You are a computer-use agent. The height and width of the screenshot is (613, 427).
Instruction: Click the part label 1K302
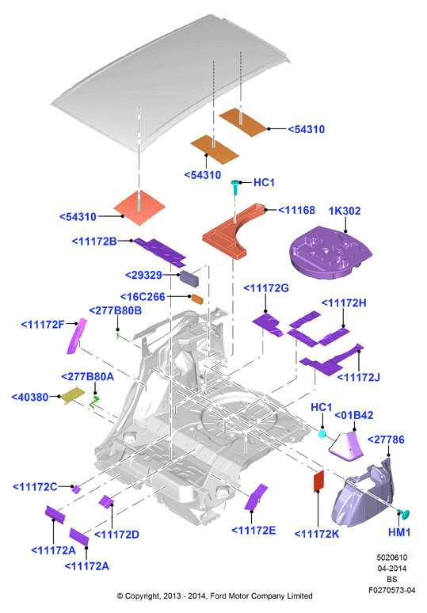pos(345,211)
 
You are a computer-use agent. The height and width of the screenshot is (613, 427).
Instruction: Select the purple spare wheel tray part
pos(330,252)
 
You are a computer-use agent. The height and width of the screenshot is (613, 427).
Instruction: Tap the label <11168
pos(297,211)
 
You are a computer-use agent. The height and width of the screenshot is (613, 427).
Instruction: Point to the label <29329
pos(143,276)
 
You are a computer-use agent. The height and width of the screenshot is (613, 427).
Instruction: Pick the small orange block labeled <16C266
pos(197,299)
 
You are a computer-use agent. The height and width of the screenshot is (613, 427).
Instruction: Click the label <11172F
pos(43,325)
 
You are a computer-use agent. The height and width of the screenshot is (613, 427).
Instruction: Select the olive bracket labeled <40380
pos(73,396)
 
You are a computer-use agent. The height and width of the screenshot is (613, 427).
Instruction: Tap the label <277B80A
pos(88,376)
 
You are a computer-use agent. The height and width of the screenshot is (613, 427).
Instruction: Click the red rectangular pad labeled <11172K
pos(319,482)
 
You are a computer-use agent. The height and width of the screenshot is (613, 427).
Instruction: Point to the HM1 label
pos(399,532)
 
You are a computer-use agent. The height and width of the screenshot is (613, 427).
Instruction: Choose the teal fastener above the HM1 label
pos(403,514)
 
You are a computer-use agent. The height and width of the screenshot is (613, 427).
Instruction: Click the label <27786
pos(386,440)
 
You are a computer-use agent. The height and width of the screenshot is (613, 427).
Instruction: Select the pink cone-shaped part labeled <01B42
pos(345,445)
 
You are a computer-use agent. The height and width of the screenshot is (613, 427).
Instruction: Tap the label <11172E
pos(254,531)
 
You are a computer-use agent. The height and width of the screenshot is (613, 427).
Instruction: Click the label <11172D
pos(117,535)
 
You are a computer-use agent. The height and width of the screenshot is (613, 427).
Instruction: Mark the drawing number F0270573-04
pos(392,590)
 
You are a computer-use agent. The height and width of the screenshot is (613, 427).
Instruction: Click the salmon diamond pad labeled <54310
pos(139,208)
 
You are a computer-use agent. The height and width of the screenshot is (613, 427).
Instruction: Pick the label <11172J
pos(358,377)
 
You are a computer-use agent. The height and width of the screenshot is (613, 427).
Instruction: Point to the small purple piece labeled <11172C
pos(76,489)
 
